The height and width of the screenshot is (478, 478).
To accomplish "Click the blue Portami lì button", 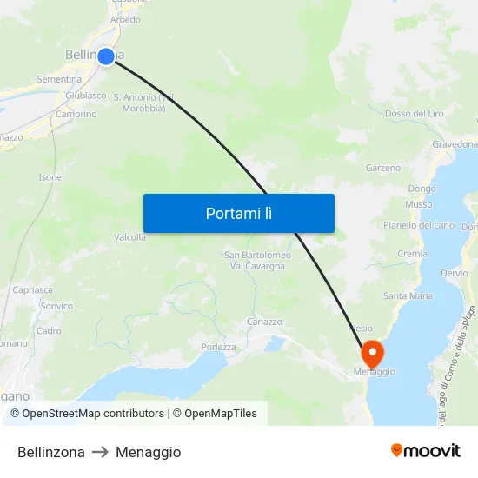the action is [238, 213].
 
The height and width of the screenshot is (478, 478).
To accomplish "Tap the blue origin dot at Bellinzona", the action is [106, 56].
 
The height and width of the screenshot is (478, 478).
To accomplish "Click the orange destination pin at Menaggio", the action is [371, 354].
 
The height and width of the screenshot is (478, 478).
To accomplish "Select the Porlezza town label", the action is [219, 348].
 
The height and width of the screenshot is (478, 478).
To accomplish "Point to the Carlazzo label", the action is [264, 322].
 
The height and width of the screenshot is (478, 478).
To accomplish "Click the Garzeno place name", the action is [383, 168].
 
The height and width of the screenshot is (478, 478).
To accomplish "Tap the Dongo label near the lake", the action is [422, 189].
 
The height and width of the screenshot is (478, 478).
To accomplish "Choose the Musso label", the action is [418, 205].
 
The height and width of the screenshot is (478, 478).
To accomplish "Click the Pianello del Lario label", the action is [419, 225].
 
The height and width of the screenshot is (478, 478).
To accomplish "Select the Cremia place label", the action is [412, 254].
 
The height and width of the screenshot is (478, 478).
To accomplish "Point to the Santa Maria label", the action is [408, 295].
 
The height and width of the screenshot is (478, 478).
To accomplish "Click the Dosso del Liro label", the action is [414, 114].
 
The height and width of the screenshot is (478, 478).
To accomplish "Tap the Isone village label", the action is [50, 177].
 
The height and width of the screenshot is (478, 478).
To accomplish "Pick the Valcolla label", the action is [129, 236].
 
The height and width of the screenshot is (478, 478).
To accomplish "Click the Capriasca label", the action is [32, 289].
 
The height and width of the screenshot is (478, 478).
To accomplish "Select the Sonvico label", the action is [56, 306].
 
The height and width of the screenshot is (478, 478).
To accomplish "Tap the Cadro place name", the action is [49, 330].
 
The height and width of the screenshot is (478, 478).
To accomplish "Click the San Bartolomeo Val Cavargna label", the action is [257, 260].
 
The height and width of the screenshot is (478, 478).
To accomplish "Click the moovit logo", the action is [425, 451].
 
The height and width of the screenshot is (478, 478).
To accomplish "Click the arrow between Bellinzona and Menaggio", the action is [100, 452].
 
